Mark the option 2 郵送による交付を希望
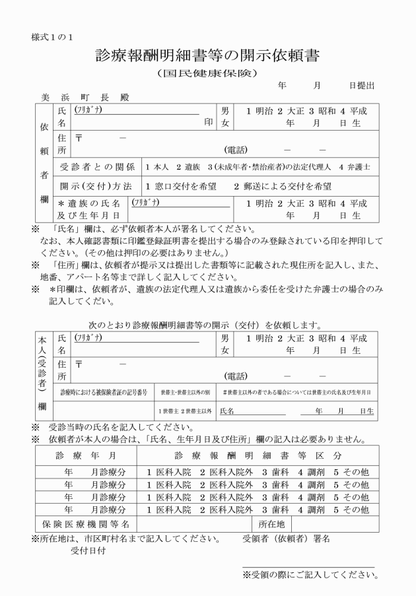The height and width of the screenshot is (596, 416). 282,186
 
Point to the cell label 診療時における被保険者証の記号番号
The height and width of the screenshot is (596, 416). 104,392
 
